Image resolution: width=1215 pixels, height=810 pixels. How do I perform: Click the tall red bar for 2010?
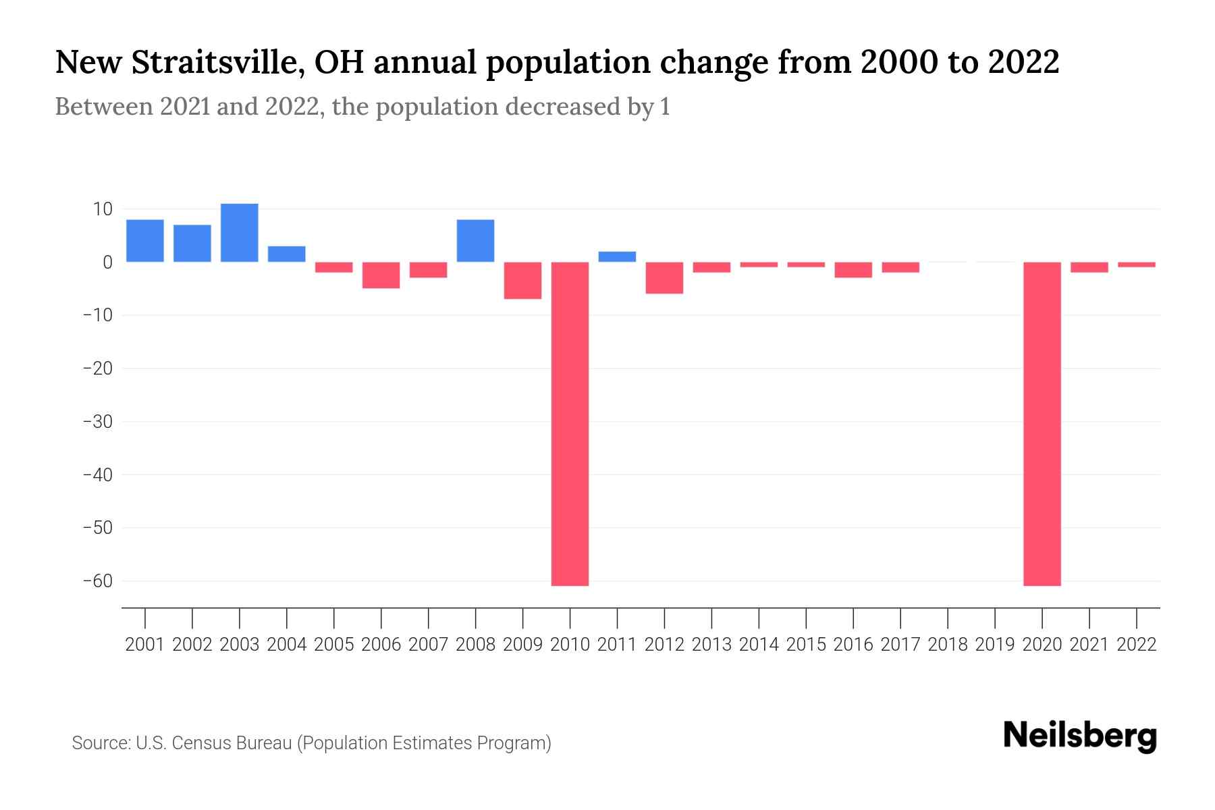click(570, 423)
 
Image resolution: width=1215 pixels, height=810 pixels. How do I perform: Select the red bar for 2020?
click(1042, 423)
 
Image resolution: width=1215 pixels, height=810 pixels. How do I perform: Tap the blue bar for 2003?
click(240, 233)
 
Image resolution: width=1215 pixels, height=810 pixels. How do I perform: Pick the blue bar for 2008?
click(475, 241)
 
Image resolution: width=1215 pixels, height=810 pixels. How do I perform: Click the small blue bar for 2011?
click(617, 256)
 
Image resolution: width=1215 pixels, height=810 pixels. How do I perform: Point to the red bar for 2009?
click(522, 280)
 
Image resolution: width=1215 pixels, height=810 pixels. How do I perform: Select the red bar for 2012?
click(664, 277)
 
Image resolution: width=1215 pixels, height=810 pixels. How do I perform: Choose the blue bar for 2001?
click(145, 241)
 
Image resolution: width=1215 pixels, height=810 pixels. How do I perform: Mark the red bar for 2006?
click(381, 275)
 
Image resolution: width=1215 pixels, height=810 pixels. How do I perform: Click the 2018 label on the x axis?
click(947, 645)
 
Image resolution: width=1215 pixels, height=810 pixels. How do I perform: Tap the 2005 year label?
click(333, 645)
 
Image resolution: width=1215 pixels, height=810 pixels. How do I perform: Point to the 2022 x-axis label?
click(1136, 645)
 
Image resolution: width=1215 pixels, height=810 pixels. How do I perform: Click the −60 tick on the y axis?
click(97, 581)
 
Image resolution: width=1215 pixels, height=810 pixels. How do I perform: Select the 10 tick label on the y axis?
click(103, 209)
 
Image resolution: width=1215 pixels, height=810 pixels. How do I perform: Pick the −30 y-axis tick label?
click(97, 422)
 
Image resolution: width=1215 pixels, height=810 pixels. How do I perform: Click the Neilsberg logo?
click(1080, 736)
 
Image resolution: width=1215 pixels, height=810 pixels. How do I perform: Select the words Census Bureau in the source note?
click(232, 743)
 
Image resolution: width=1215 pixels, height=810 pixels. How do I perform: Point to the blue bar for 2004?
click(287, 254)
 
